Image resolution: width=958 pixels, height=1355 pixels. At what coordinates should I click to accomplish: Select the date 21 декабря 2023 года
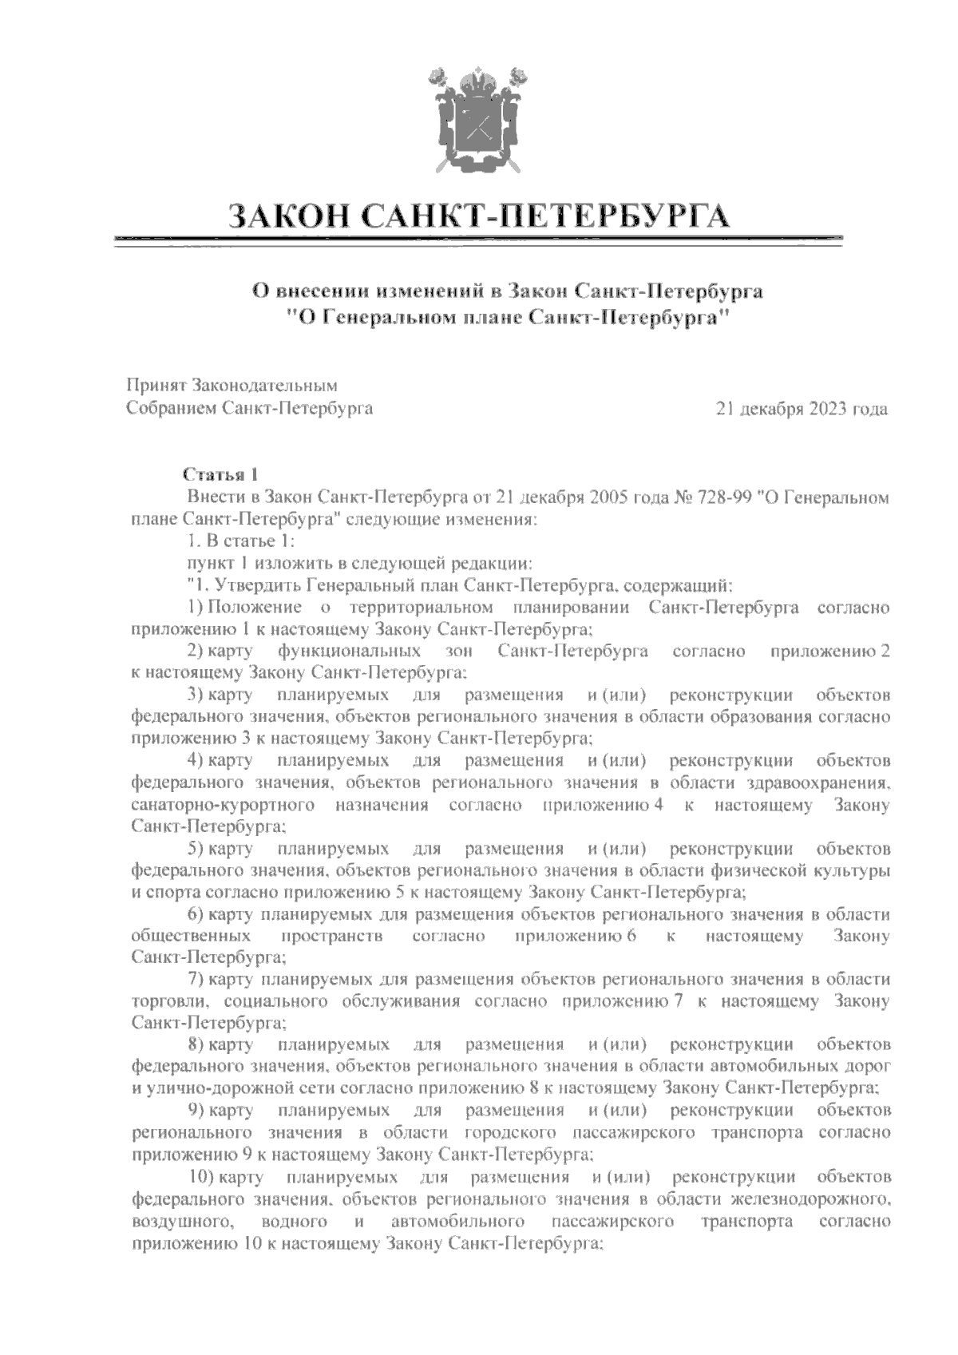(803, 410)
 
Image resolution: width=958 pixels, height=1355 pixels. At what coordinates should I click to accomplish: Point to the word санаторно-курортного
(222, 805)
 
